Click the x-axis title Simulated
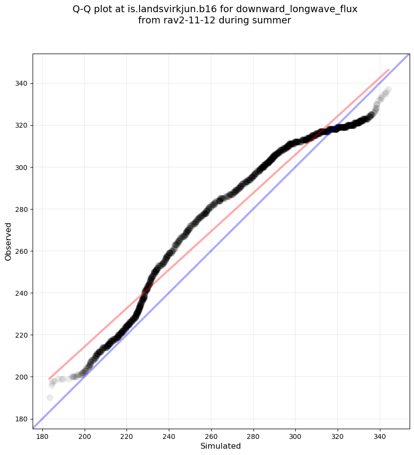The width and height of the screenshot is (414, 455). [x=220, y=446]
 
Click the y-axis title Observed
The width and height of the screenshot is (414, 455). [x=8, y=241]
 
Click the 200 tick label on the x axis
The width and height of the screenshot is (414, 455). [x=85, y=435]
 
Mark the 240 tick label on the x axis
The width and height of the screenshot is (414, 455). [x=169, y=435]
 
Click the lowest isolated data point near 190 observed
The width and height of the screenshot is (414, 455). [x=50, y=398]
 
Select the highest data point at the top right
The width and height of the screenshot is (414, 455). [x=388, y=90]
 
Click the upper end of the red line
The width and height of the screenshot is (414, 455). [x=388, y=70]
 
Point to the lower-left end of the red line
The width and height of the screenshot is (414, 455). [x=49, y=379]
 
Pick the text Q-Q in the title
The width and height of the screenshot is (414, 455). [x=82, y=9]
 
